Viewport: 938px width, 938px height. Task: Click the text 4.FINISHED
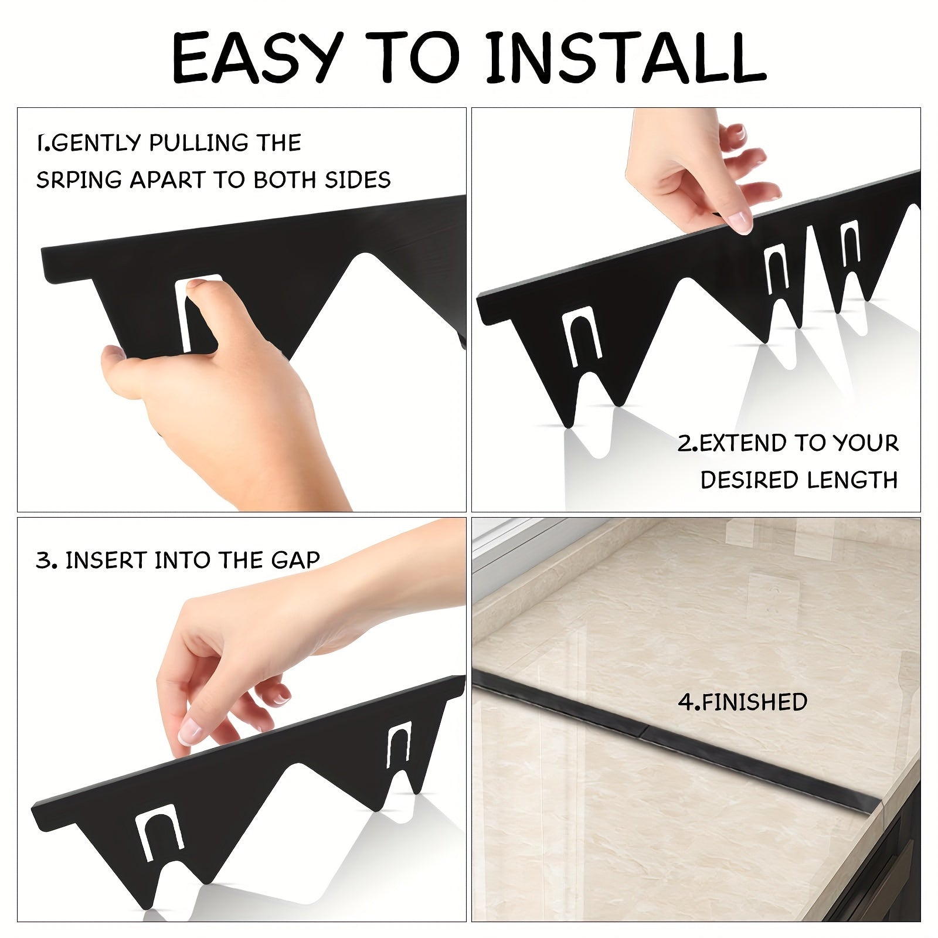[742, 702]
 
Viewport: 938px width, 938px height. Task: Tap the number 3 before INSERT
[44, 560]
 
